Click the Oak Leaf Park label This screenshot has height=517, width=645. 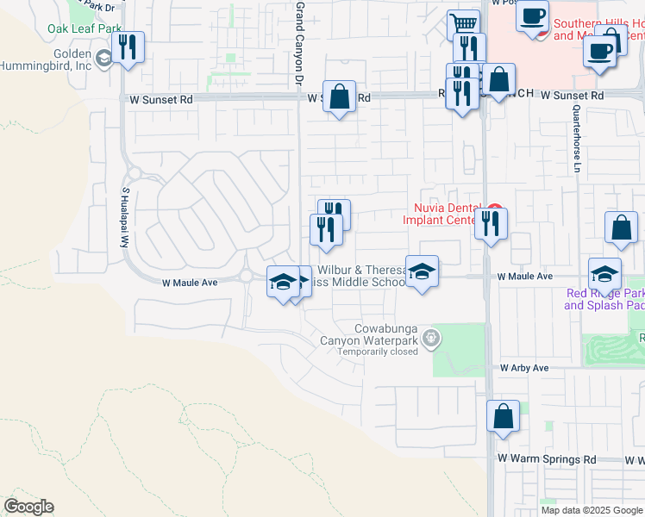click(85, 28)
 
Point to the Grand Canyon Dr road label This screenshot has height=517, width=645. click(300, 42)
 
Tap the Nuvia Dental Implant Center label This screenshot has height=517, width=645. click(441, 213)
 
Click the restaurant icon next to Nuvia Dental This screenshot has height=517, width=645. click(492, 224)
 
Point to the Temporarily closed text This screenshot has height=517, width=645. click(378, 352)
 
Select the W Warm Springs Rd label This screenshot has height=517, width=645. click(547, 459)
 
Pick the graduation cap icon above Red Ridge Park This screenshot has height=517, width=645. click(605, 273)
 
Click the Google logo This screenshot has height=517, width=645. click(28, 507)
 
